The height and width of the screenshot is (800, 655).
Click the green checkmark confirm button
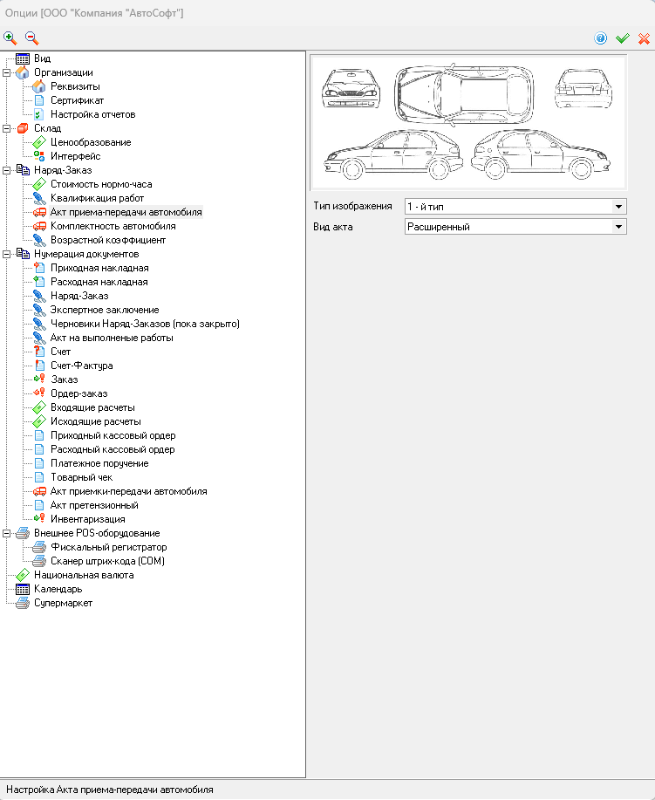[x=623, y=38]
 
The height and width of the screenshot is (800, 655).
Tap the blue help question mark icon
[x=600, y=38]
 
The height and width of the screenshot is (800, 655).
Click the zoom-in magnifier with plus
[x=10, y=38]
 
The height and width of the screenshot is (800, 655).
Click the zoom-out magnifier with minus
[x=31, y=38]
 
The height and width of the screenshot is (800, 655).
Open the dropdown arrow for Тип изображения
[x=618, y=207]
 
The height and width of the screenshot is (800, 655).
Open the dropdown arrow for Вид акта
[x=618, y=227]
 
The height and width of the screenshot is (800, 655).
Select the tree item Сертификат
[x=77, y=100]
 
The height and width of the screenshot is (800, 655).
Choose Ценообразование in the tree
[x=91, y=142]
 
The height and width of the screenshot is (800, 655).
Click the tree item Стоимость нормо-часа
[x=101, y=184]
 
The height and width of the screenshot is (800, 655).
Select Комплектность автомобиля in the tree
[x=113, y=226]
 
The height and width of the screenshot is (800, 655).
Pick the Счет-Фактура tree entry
[x=82, y=366]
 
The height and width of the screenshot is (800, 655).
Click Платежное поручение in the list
[x=99, y=463]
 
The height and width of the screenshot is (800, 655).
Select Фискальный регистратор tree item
[x=109, y=547]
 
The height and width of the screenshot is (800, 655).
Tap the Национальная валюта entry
[x=84, y=575]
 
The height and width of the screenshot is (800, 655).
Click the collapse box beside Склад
[x=7, y=128]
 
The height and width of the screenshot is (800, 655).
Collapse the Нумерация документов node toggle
[x=7, y=254]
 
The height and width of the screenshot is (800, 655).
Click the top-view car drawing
[x=464, y=94]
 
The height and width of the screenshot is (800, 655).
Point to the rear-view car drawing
[x=583, y=88]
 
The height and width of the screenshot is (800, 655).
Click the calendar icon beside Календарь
[x=23, y=589]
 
